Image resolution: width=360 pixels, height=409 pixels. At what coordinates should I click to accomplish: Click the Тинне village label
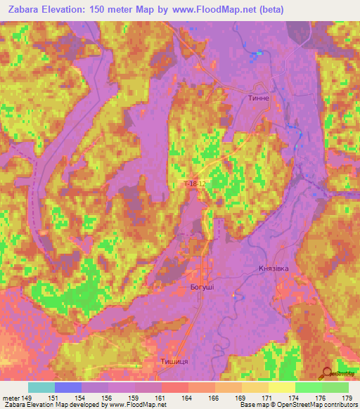tap(258, 99)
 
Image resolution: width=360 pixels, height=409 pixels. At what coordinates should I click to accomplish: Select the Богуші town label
tap(203, 288)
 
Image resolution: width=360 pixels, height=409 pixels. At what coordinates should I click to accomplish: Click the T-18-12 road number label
tap(194, 184)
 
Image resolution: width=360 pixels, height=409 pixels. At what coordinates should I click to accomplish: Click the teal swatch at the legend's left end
tap(41, 387)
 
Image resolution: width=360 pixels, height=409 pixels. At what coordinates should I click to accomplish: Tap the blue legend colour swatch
tap(67, 387)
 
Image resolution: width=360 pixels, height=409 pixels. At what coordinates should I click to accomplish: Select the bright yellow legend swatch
tap(281, 387)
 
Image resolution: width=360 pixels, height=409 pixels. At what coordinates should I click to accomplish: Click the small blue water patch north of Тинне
tap(258, 53)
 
